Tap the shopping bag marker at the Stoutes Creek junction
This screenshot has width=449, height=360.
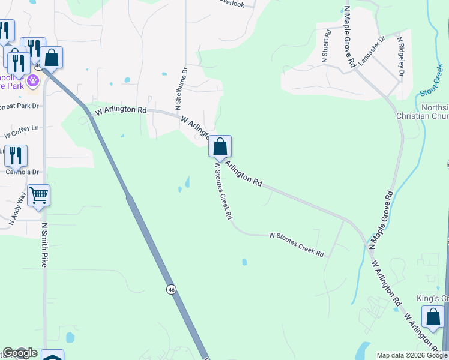(x=220, y=146)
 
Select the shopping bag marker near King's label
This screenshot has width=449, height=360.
(x=432, y=317)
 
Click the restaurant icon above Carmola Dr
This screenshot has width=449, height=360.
(x=16, y=156)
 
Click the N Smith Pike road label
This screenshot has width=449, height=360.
(x=44, y=245)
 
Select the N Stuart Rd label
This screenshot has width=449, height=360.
(x=325, y=47)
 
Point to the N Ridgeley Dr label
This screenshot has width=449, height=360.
(x=400, y=57)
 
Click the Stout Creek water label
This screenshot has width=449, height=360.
(x=430, y=84)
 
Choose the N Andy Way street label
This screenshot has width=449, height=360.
(x=17, y=208)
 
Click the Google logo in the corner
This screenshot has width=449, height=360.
(x=20, y=353)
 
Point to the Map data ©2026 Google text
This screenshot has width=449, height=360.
(x=411, y=355)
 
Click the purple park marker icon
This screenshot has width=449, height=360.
(x=32, y=80)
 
